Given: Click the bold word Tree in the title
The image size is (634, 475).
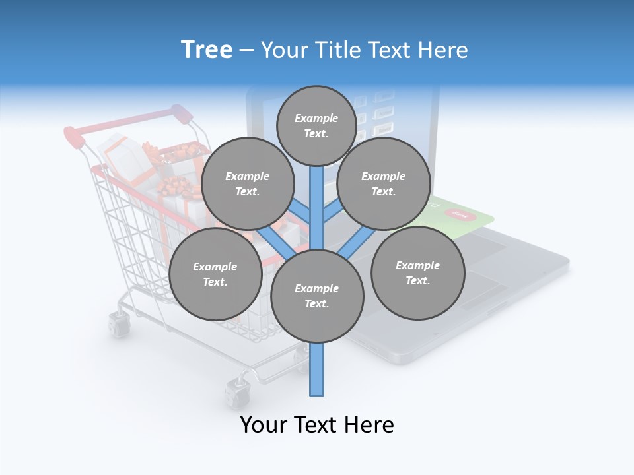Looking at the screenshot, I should tap(207, 50).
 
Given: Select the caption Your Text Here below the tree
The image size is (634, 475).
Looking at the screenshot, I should tap(317, 425).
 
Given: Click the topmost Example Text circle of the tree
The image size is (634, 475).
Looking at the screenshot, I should tap(316, 125).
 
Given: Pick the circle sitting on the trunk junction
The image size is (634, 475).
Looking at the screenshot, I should tap(317, 296).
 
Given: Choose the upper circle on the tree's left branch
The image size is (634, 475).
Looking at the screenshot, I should tap(248, 183).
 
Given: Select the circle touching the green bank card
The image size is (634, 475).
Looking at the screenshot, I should tap(384, 183).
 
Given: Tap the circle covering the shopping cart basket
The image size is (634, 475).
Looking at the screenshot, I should tap(215, 274).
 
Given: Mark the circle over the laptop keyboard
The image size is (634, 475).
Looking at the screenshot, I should tap(417, 272).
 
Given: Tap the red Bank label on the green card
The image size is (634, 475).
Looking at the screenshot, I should tap(461, 214).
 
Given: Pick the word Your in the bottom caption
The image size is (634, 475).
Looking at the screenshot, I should tap(264, 425).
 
